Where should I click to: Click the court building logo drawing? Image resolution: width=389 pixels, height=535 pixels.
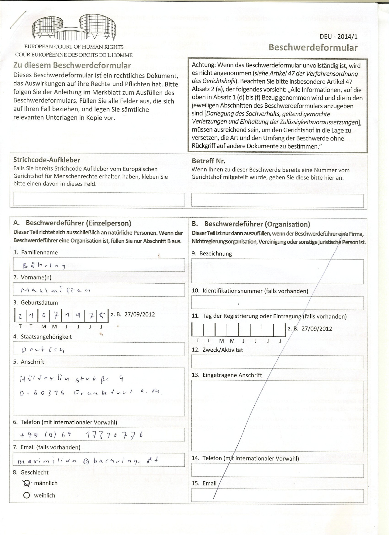coord(74,28)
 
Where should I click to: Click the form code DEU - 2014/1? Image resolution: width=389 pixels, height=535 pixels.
coord(339,36)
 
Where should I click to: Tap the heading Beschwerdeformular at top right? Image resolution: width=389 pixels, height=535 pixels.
coord(313,47)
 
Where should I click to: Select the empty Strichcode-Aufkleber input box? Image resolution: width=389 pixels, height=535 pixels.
coord(99,200)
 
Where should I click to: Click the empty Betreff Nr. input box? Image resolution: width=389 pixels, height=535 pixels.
coord(277,201)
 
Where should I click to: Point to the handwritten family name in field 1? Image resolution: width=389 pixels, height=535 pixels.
coord(44,266)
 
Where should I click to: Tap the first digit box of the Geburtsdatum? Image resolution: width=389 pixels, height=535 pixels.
coord(20,316)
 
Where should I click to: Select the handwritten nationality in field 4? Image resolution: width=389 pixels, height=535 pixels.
coord(43,350)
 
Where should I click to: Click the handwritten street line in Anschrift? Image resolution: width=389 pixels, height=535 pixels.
coord(71,379)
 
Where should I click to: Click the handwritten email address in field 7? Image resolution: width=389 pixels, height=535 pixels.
coord(88,461)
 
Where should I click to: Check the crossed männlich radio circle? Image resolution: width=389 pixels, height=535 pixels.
coord(27,483)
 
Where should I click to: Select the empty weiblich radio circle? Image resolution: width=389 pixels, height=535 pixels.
coord(27,495)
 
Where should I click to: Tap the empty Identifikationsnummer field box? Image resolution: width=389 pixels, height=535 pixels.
coord(277,303)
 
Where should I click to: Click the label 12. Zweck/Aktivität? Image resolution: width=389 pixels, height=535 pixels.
coord(217,350)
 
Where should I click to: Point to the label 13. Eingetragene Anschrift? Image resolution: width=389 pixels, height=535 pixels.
coord(227,375)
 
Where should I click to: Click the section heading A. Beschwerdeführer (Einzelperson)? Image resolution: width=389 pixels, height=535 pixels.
coord(72,223)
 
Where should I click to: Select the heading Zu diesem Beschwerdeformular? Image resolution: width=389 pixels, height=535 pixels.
coord(72,65)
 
